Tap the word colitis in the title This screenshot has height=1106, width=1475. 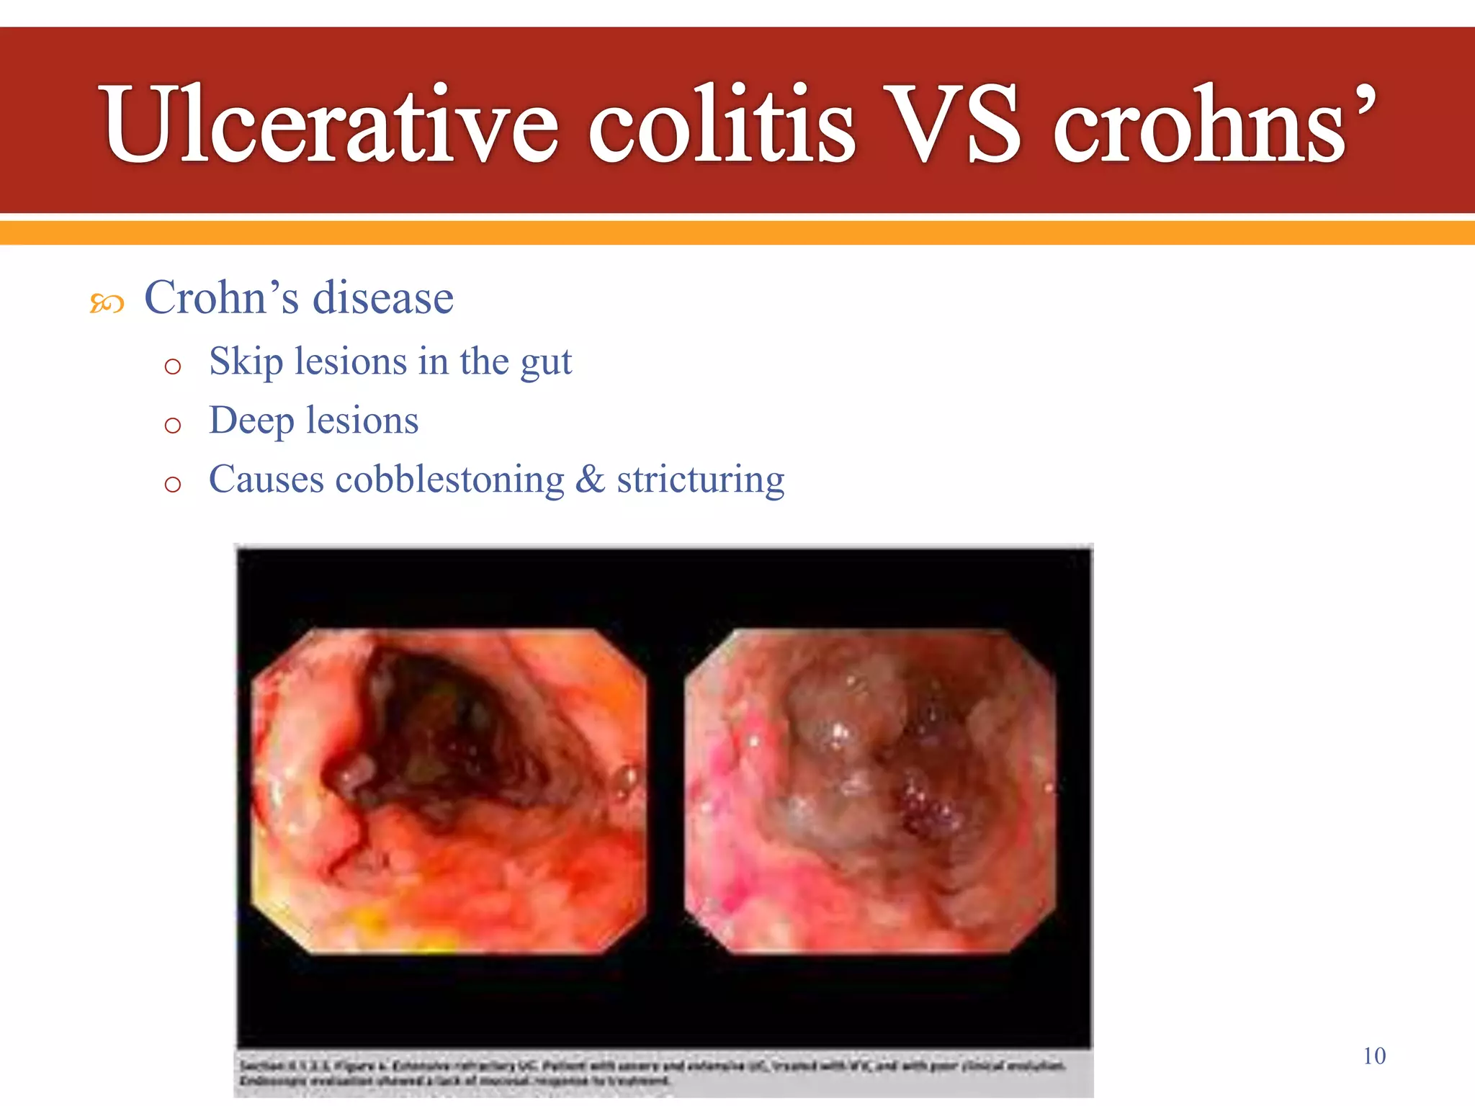click(722, 124)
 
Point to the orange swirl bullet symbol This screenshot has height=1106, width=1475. click(107, 304)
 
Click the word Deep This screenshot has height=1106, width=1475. click(251, 421)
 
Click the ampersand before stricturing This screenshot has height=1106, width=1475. click(590, 480)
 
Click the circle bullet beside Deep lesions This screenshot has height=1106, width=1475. click(172, 426)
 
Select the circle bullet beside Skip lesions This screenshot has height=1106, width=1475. click(172, 367)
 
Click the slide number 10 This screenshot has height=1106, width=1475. click(1374, 1056)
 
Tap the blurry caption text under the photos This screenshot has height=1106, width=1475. click(648, 1073)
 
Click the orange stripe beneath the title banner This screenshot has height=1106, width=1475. click(737, 233)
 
